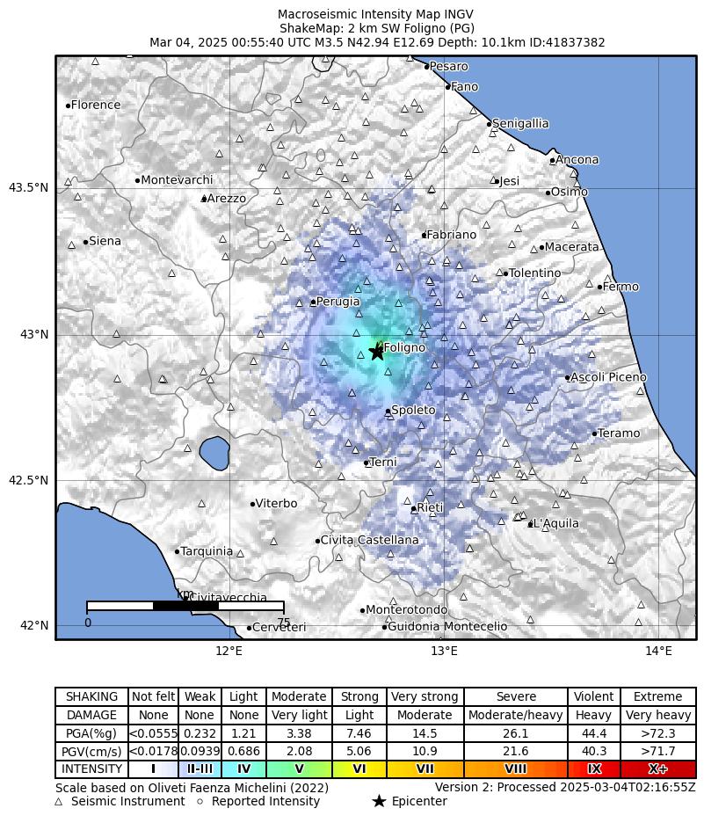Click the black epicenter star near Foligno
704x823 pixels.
click(x=377, y=351)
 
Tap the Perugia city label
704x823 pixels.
click(x=338, y=302)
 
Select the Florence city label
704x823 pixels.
click(x=96, y=106)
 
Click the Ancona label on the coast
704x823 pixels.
click(x=577, y=160)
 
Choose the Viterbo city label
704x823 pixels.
click(x=277, y=504)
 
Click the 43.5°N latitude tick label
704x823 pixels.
click(x=28, y=187)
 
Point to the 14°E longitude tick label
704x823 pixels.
click(x=658, y=652)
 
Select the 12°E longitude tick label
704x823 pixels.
click(x=229, y=652)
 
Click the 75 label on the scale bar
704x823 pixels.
click(x=284, y=623)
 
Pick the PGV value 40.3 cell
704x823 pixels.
click(x=593, y=751)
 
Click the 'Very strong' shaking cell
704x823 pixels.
click(x=425, y=696)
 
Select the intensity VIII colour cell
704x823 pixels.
click(x=515, y=769)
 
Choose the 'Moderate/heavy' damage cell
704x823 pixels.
click(x=515, y=715)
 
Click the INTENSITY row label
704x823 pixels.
click(x=91, y=769)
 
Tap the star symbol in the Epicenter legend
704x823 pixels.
click(x=379, y=801)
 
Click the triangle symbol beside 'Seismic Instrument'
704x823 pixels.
click(x=59, y=801)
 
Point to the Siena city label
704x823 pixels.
click(x=105, y=242)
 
